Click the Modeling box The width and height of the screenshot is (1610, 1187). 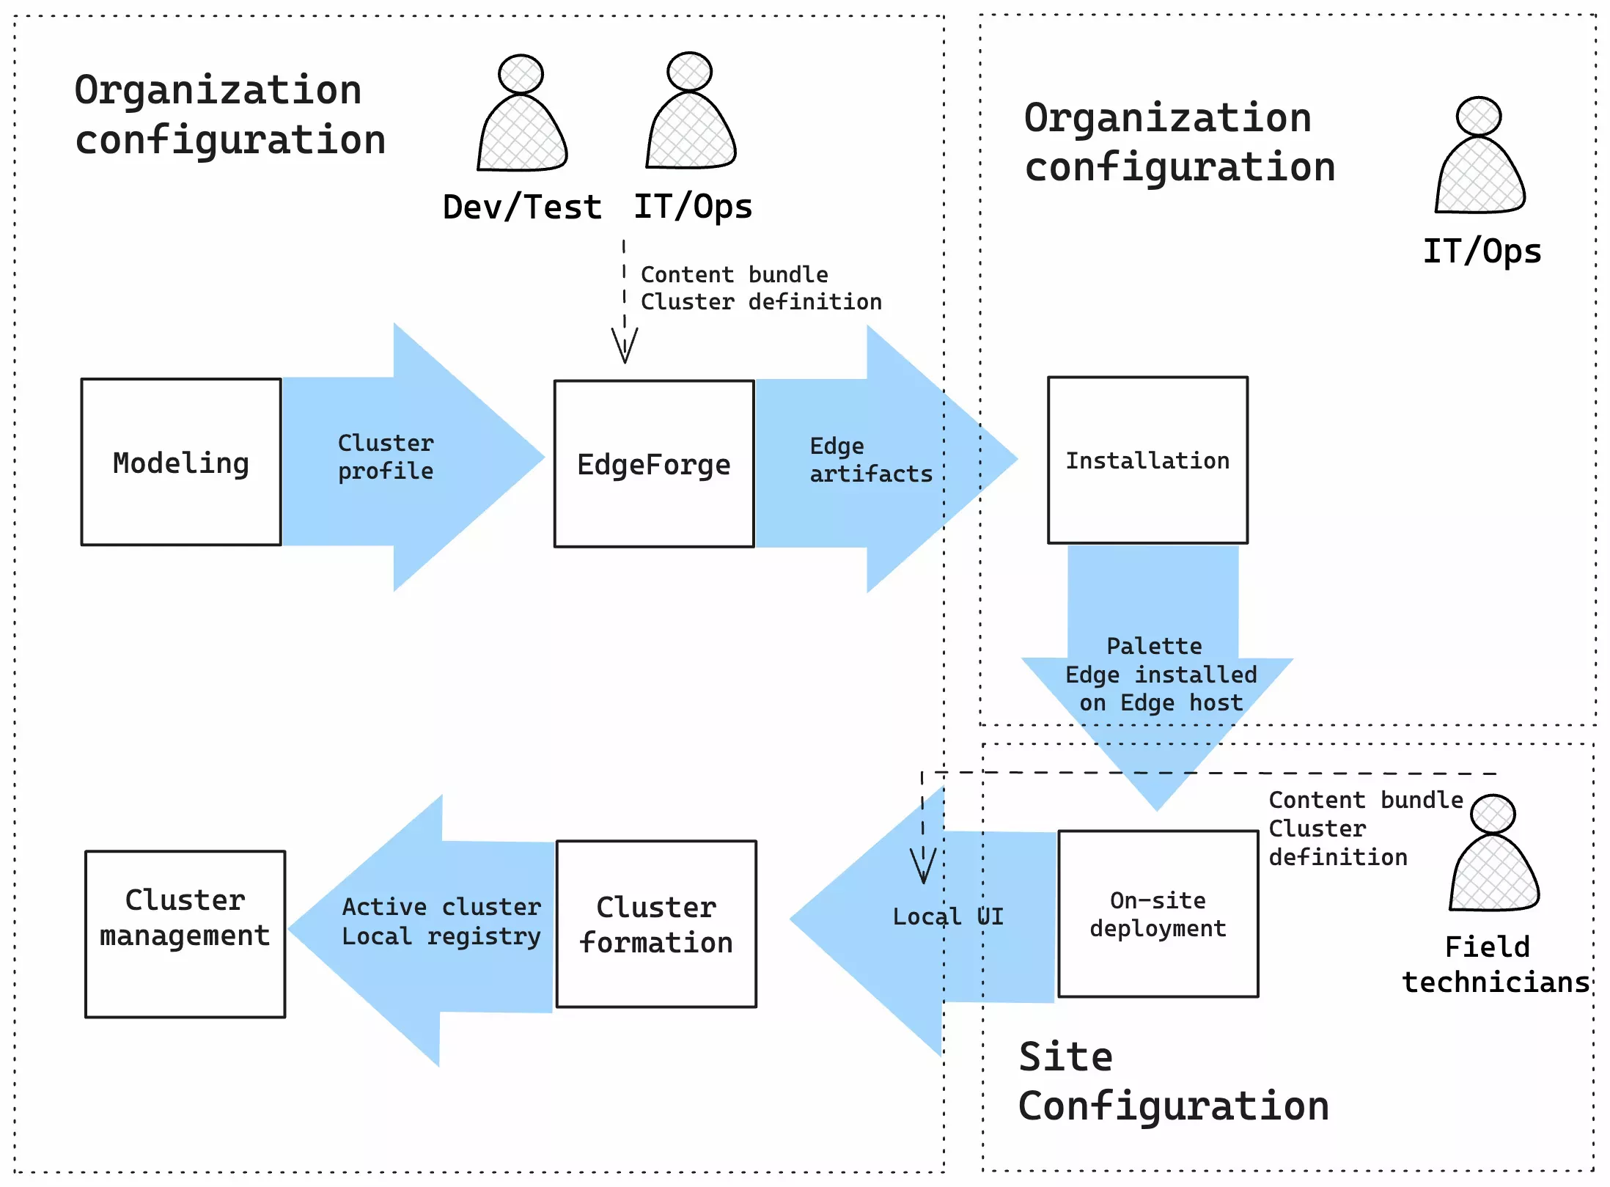pyautogui.click(x=181, y=462)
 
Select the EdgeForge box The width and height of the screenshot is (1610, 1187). pyautogui.click(x=653, y=464)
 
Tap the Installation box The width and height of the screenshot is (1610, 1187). pyautogui.click(x=1147, y=460)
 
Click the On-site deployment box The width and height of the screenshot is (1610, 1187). pyautogui.click(x=1158, y=914)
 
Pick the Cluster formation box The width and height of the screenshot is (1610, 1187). pyautogui.click(x=656, y=924)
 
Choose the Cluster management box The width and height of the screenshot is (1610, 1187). pyautogui.click(x=185, y=933)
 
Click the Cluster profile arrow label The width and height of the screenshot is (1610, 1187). pyautogui.click(x=386, y=457)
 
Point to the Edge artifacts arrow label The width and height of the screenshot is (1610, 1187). pyautogui.click(x=870, y=460)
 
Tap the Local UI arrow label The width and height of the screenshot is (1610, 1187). pyautogui.click(x=947, y=916)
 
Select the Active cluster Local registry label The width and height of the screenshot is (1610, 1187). pyautogui.click(x=441, y=922)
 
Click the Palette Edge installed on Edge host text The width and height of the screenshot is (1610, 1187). pyautogui.click(x=1161, y=675)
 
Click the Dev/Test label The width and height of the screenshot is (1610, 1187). pyautogui.click(x=522, y=207)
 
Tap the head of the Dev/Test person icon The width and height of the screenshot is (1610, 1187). pyautogui.click(x=521, y=73)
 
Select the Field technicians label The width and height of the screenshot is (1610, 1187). pyautogui.click(x=1495, y=964)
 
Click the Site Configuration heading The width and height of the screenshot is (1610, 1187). pyautogui.click(x=1173, y=1081)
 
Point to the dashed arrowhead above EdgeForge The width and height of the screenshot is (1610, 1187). pyautogui.click(x=625, y=345)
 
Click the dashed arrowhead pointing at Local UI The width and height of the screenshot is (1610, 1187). pyautogui.click(x=923, y=866)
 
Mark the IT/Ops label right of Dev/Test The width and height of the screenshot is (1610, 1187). pyautogui.click(x=693, y=207)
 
